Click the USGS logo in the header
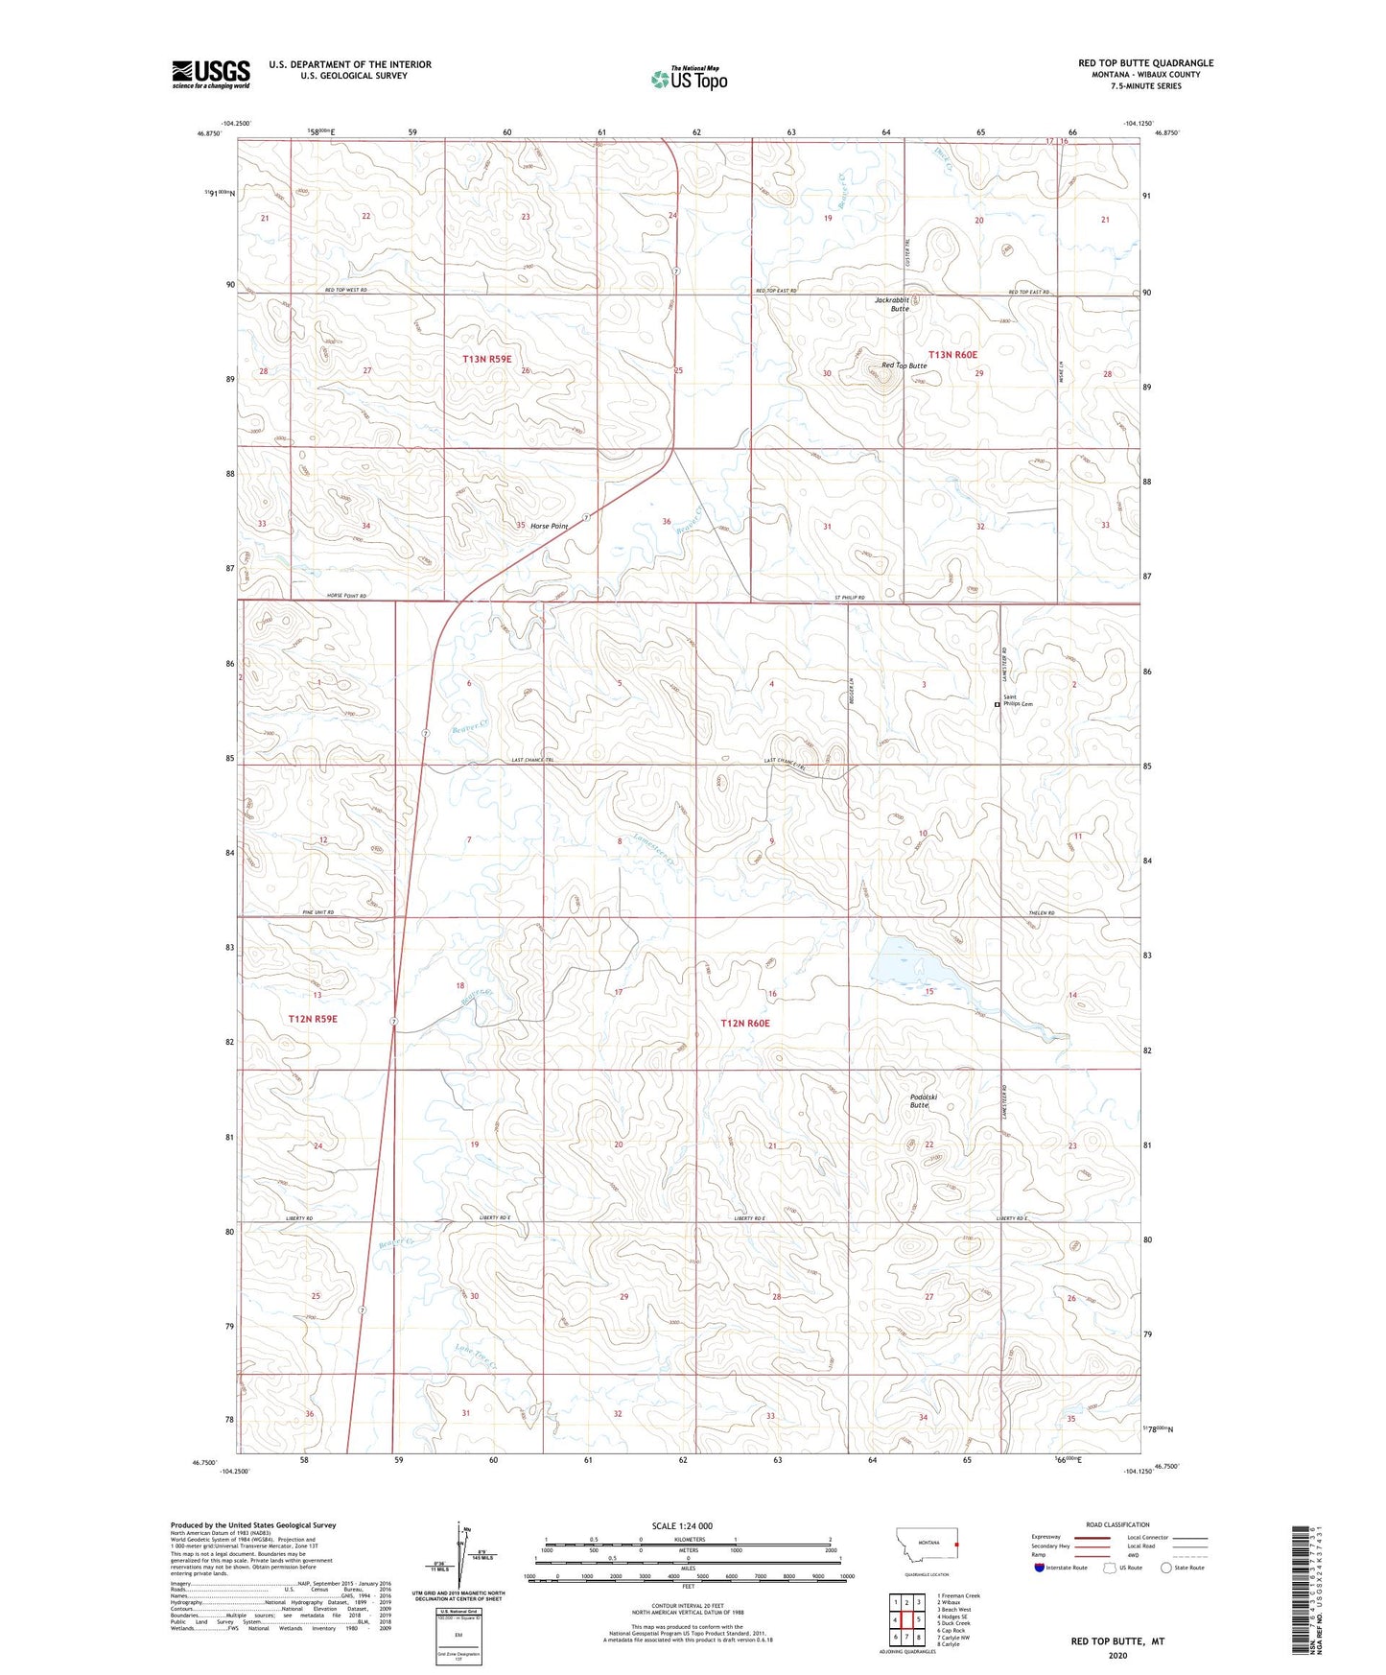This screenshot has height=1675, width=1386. click(x=211, y=74)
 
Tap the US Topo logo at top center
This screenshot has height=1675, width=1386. click(x=689, y=79)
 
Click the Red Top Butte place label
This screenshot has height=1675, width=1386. click(x=904, y=366)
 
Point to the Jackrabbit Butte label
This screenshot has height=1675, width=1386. click(x=892, y=304)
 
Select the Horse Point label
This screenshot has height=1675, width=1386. click(x=549, y=526)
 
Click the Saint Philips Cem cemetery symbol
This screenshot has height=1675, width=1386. click(x=997, y=704)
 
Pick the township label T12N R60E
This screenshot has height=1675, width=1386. click(x=745, y=1024)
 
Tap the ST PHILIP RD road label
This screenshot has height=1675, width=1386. click(x=849, y=598)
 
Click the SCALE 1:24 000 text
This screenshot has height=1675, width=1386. click(x=682, y=1525)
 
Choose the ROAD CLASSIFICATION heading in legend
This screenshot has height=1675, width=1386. click(x=1117, y=1524)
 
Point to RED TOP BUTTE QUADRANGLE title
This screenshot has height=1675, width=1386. click(x=1145, y=63)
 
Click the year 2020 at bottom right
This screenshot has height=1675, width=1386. click(x=1117, y=1655)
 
